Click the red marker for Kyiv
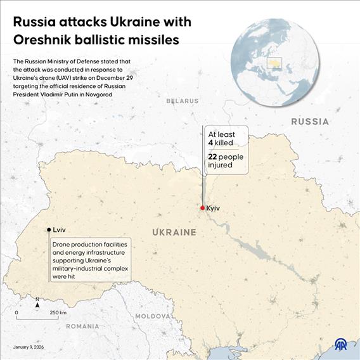[x=202, y=208]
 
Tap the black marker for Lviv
[x=49, y=230]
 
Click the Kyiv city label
[x=214, y=208]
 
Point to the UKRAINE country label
[x=174, y=233]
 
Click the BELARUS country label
[x=183, y=101]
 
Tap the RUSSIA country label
[x=310, y=121]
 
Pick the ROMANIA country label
[x=82, y=326]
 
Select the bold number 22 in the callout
[x=213, y=157]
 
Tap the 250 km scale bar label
[x=58, y=313]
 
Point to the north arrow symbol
[x=37, y=304]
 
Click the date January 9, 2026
[x=29, y=347]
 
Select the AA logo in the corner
[x=343, y=345]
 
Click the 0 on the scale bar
[x=16, y=313]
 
